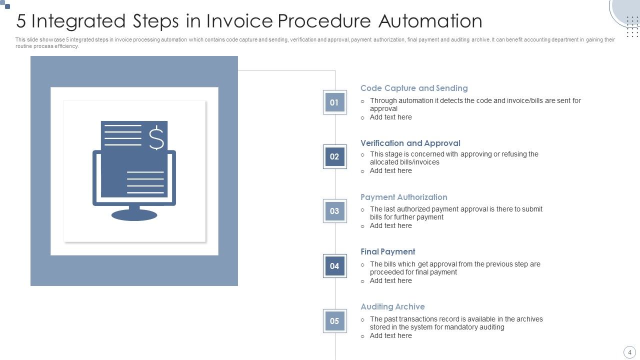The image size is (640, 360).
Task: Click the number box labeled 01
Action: coord(334,102)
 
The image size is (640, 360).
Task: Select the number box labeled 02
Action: coord(334,156)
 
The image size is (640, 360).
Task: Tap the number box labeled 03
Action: coord(334,211)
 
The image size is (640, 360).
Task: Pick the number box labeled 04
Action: coord(334,266)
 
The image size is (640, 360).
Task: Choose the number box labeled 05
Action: coord(334,321)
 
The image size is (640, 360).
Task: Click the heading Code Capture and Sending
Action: coord(414,88)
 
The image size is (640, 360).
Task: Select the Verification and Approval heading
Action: coord(410,143)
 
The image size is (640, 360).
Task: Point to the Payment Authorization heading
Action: coord(403,197)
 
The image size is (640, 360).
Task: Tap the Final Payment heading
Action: coord(387,251)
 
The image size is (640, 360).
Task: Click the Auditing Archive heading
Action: coord(392,306)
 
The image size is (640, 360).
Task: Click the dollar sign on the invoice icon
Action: coord(156,137)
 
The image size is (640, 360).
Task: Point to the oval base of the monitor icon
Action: coord(134,215)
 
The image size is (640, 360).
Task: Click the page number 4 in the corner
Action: coord(629,352)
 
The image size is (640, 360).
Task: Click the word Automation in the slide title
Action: coord(430,21)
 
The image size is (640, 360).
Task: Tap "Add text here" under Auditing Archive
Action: coord(390,335)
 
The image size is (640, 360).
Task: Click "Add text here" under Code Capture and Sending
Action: coord(390,117)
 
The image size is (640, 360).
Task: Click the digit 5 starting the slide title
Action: coord(21,21)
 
